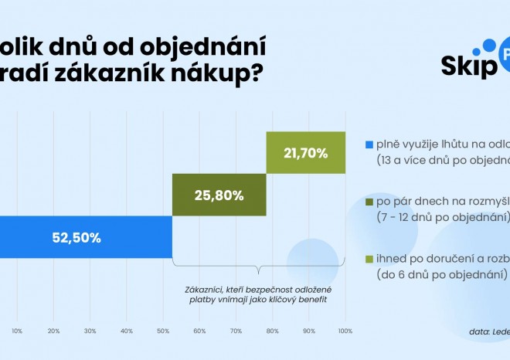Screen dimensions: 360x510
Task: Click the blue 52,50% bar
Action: click(x=85, y=237)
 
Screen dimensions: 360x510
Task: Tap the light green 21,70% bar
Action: click(x=306, y=153)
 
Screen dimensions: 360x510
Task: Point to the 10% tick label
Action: click(x=17, y=331)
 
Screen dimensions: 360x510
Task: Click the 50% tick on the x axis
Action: click(x=164, y=331)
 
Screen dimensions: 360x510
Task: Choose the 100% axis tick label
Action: click(x=345, y=331)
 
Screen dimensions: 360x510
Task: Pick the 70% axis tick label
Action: click(x=236, y=331)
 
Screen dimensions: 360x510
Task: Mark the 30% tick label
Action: click(x=90, y=331)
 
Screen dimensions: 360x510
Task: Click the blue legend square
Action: click(x=369, y=144)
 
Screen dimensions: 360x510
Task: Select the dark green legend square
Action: click(x=369, y=201)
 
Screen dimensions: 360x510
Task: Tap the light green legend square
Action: click(x=369, y=258)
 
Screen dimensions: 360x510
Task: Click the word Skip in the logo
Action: click(x=467, y=67)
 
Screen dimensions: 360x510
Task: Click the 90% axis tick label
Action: click(x=309, y=331)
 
